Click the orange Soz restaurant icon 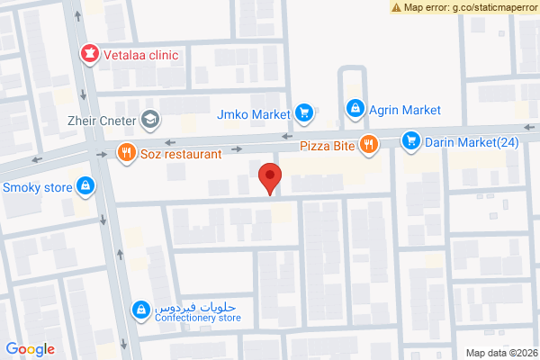click(x=126, y=153)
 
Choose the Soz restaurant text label click(x=181, y=154)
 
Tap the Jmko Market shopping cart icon click(x=304, y=113)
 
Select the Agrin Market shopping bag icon click(x=355, y=110)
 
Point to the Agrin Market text click(x=405, y=110)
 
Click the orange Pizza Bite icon click(x=368, y=144)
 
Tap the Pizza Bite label click(x=326, y=144)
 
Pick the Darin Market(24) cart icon click(x=411, y=140)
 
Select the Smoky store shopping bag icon click(x=85, y=186)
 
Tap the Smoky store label click(x=38, y=188)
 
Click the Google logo click(x=31, y=349)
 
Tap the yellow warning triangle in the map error click(x=397, y=7)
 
